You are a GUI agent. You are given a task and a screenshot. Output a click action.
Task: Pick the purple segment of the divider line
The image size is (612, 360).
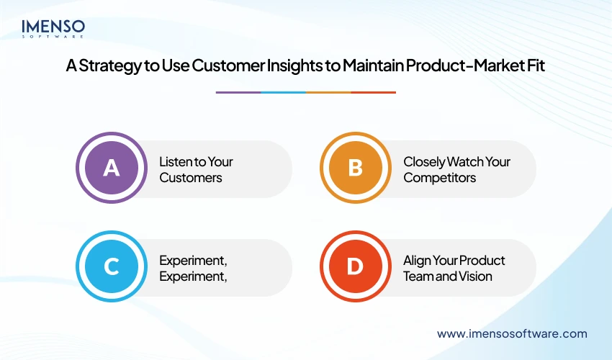[238, 92]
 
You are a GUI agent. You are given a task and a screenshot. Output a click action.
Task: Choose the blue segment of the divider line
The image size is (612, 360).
[283, 92]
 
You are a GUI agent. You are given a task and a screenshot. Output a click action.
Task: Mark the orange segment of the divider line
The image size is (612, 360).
[328, 92]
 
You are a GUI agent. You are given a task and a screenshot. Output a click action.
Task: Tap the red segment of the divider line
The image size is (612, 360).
[373, 92]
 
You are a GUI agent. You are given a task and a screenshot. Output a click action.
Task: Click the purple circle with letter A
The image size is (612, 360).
[111, 168]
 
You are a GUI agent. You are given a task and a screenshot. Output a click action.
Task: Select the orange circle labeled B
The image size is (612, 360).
[355, 168]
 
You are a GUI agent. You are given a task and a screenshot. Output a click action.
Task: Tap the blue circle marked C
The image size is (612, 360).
[111, 267]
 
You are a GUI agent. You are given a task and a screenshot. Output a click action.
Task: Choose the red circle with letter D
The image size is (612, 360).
[355, 267]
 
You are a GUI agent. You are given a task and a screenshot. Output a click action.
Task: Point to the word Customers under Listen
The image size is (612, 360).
[191, 177]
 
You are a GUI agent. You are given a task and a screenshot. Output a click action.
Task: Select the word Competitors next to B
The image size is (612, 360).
[439, 177]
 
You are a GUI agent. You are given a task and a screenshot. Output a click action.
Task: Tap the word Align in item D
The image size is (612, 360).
[417, 260]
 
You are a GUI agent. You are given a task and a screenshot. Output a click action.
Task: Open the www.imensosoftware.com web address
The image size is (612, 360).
[512, 333]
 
